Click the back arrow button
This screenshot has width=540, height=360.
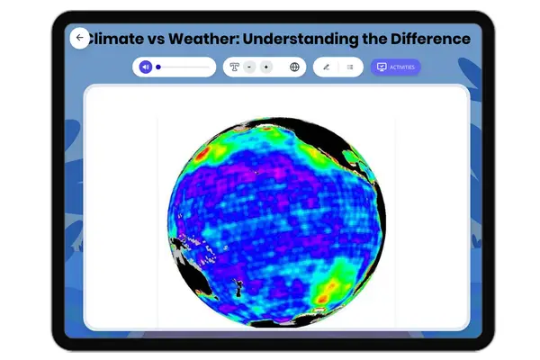click(79, 38)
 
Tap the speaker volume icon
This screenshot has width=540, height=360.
click(145, 67)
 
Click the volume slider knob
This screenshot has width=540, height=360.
click(158, 67)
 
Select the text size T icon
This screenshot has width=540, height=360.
click(234, 67)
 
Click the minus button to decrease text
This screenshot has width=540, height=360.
click(249, 67)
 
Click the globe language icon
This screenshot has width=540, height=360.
click(294, 67)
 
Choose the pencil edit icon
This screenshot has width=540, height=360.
click(326, 67)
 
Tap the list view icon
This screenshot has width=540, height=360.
click(350, 67)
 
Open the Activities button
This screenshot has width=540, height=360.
click(395, 67)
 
